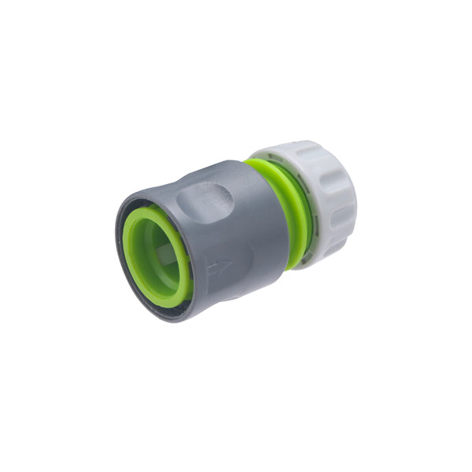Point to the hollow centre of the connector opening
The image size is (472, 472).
tap(159, 252)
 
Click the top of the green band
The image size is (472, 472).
tap(256, 164)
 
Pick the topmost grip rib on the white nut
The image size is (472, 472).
tap(291, 149)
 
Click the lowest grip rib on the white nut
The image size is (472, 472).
tap(323, 256)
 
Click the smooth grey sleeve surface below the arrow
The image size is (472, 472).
tap(224, 295)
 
